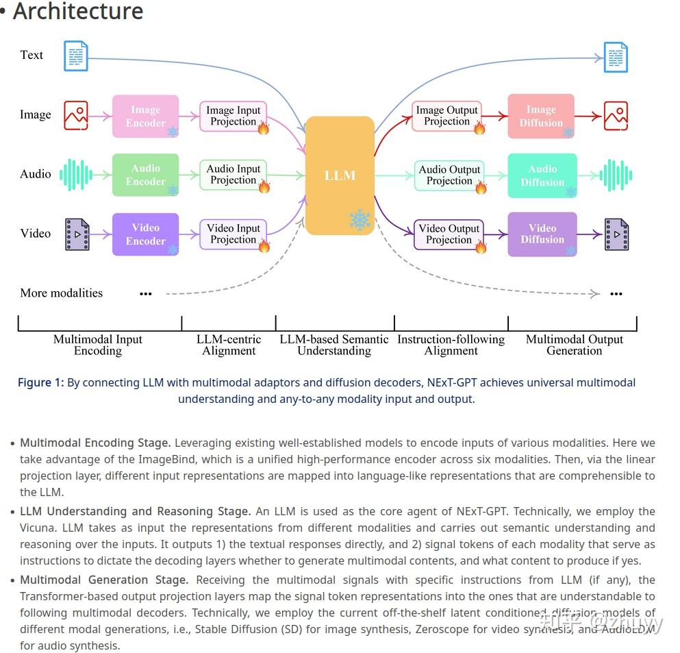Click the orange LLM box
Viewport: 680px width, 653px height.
point(340,175)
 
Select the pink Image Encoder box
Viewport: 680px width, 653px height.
point(145,116)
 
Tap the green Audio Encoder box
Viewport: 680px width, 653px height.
point(145,175)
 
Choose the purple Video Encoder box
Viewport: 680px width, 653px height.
point(145,234)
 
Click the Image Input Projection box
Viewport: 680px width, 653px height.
point(233,116)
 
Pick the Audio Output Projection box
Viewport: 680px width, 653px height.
point(449,175)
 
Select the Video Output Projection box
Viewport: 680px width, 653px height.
point(449,234)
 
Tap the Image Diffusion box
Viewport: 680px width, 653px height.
point(541,116)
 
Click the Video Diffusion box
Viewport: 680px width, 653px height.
point(542,234)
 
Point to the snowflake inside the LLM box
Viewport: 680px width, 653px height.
point(360,220)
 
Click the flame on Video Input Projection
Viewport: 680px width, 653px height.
point(264,245)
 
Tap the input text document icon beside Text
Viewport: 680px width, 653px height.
point(76,56)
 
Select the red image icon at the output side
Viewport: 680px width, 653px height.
point(616,116)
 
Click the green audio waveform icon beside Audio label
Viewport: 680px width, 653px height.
point(75,175)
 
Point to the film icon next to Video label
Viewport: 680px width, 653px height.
point(77,234)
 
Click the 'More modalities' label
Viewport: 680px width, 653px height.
point(62,293)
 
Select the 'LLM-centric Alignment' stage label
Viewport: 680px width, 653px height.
point(229,345)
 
